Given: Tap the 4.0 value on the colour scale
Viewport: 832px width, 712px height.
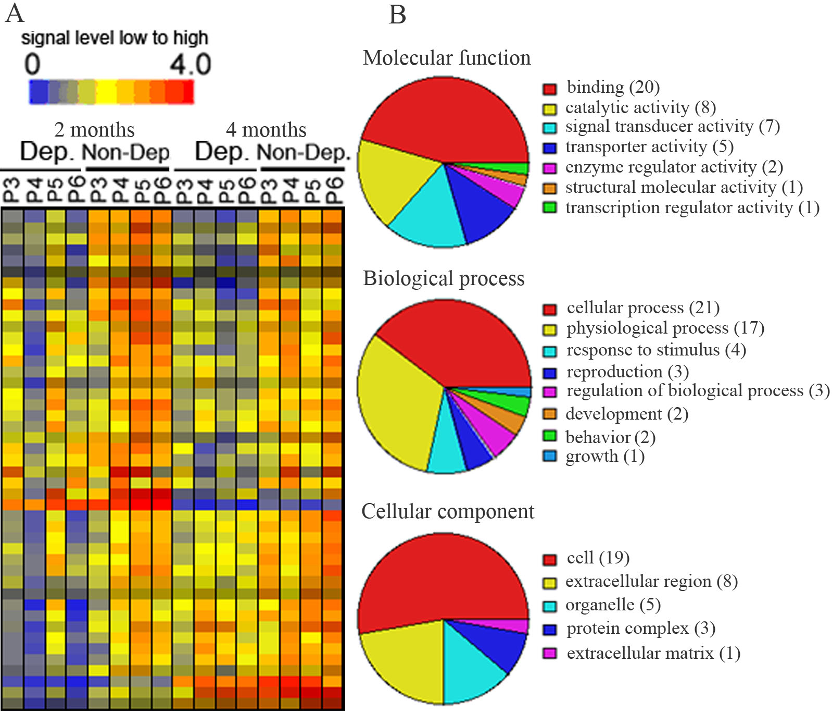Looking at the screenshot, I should (x=190, y=65).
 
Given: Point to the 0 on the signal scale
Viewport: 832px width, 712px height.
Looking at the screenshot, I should (x=32, y=65).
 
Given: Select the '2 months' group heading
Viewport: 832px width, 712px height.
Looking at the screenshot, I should (x=94, y=130).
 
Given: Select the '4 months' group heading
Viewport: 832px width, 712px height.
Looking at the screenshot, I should (x=266, y=130).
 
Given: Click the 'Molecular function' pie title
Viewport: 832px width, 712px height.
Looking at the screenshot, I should (x=447, y=58).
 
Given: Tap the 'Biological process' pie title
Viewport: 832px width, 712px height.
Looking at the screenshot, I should (x=444, y=278).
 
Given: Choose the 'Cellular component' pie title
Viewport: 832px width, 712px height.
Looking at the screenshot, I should (x=448, y=511).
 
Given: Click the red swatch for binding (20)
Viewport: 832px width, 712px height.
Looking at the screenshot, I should (x=550, y=89).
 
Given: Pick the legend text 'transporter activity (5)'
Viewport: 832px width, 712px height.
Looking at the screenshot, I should (x=649, y=147).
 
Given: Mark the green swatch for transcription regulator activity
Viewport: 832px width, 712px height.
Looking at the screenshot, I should (x=550, y=207).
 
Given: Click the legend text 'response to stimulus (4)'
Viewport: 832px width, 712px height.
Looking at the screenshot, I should (x=656, y=350).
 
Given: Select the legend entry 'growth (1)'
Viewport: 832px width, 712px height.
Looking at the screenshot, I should (x=605, y=457).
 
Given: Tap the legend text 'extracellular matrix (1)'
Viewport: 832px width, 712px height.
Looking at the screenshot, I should (x=653, y=653).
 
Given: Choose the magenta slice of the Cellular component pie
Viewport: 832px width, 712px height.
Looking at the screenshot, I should (x=513, y=625).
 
